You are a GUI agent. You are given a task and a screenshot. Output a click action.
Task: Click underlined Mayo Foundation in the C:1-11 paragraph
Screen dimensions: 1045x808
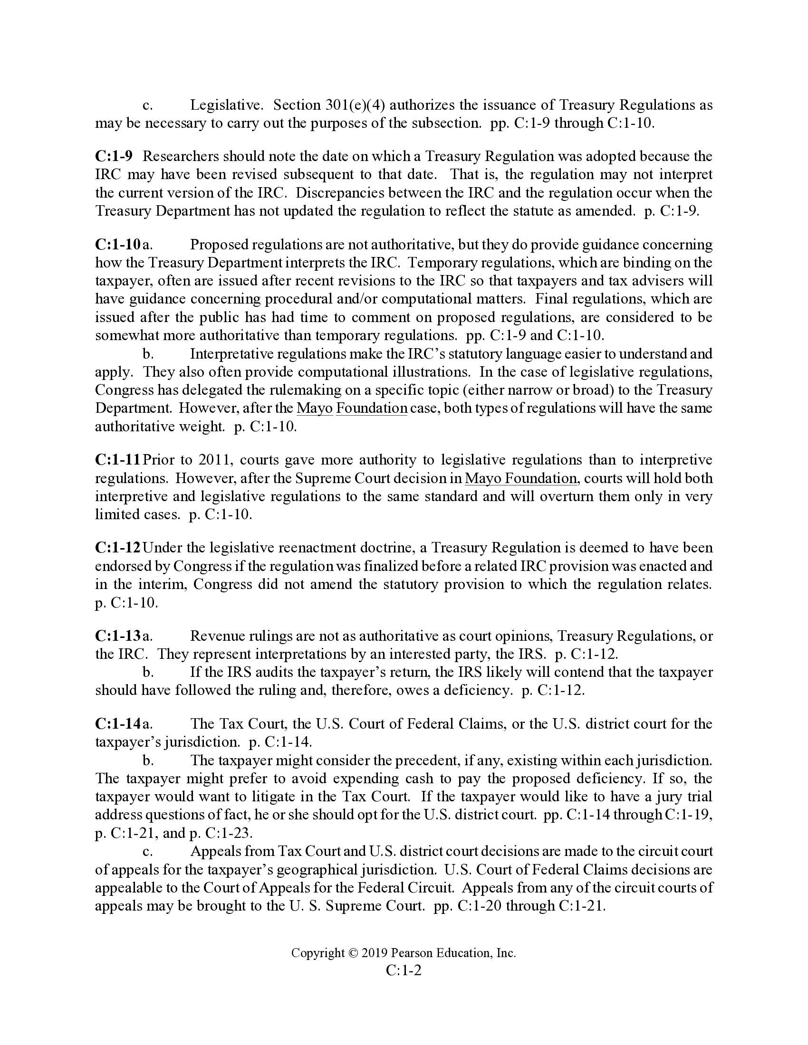click(x=521, y=478)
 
